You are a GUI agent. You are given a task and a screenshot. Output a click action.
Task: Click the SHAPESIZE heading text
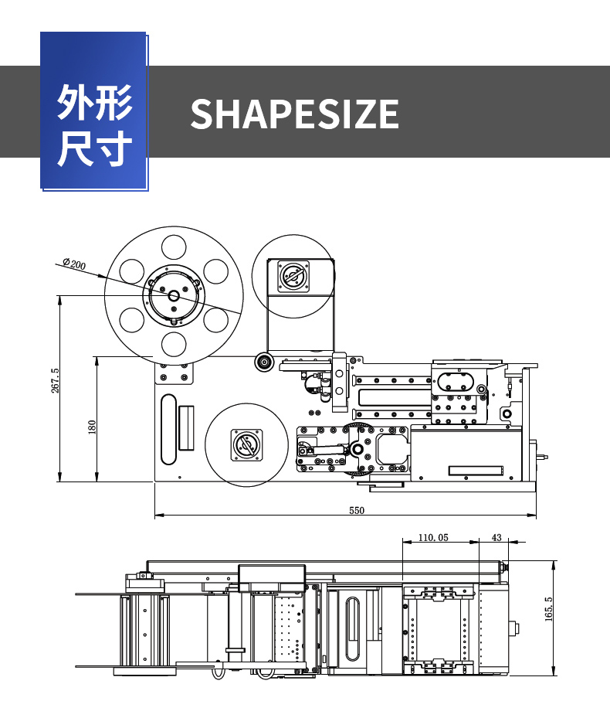tap(294, 114)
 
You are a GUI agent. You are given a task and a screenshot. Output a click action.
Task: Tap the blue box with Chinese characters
tap(93, 112)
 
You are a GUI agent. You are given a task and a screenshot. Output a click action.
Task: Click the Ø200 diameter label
tap(74, 265)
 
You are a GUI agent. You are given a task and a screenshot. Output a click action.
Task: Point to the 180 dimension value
tap(92, 427)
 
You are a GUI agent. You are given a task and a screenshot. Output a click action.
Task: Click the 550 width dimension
tap(356, 510)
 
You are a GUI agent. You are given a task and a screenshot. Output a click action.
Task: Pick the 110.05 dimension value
tap(433, 537)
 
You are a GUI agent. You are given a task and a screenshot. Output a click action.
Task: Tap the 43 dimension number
tap(496, 537)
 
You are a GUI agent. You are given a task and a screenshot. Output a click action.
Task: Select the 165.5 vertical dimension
tap(549, 609)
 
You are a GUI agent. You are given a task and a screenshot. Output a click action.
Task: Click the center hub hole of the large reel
tap(174, 296)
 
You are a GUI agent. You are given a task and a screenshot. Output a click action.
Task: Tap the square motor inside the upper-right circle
tap(293, 276)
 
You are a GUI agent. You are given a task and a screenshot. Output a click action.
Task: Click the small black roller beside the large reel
tap(264, 361)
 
